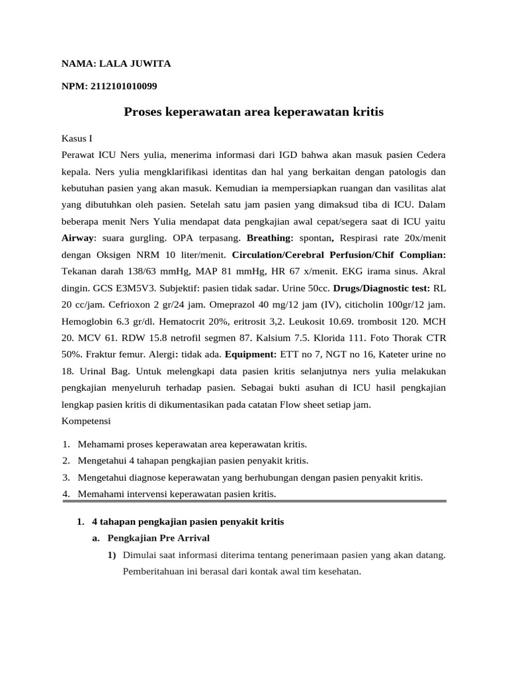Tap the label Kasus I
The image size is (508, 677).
point(77,139)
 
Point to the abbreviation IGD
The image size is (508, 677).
point(286,155)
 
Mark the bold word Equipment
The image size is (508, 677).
point(250,354)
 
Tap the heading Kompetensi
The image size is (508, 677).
point(86,420)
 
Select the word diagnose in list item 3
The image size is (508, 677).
point(146,477)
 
